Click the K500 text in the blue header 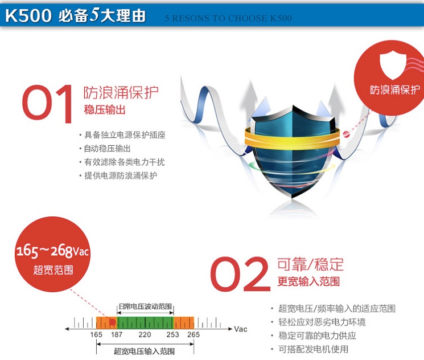28,15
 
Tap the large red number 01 47,104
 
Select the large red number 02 240,273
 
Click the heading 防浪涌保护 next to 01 121,93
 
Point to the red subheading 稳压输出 105,110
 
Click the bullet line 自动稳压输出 108,148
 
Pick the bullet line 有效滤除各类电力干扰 125,162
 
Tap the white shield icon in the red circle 393,66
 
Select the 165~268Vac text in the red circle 52,251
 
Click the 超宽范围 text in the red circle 53,269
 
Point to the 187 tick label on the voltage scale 117,334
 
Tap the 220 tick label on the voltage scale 145,334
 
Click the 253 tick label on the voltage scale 173,334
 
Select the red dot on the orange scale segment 113,322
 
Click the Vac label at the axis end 241,329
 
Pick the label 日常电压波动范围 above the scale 146,306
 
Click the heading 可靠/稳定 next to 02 310,264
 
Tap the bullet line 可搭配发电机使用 314,349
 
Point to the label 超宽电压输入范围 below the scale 144,351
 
